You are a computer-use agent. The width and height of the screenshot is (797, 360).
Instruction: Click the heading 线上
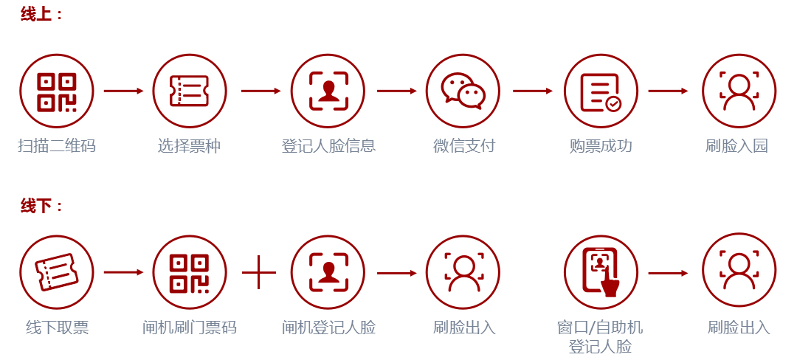click(36, 14)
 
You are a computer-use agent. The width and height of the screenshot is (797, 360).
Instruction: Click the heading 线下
click(36, 206)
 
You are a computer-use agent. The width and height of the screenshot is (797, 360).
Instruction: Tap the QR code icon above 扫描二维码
click(56, 91)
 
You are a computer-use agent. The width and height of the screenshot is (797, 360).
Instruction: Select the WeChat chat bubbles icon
click(463, 91)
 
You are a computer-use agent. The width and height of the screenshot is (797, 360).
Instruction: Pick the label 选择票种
click(189, 146)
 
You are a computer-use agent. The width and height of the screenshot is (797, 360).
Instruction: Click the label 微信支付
click(463, 146)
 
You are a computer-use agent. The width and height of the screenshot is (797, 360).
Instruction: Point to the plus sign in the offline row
click(259, 273)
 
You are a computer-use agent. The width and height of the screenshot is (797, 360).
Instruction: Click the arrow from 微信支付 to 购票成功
click(532, 91)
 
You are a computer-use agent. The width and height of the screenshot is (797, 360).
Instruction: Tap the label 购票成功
click(601, 146)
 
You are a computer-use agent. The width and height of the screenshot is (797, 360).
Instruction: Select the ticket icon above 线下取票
click(56, 272)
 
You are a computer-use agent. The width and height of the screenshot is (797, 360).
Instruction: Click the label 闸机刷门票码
click(190, 328)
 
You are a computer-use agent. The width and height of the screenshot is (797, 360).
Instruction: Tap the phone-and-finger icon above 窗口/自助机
click(601, 272)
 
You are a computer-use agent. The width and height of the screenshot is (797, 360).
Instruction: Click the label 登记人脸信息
click(328, 146)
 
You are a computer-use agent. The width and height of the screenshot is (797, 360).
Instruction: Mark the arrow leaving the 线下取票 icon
click(123, 273)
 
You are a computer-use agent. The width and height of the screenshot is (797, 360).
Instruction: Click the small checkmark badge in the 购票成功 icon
click(614, 104)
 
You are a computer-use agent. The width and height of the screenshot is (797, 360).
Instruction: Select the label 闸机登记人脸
click(328, 328)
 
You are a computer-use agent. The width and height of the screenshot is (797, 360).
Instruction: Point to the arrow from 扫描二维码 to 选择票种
click(123, 91)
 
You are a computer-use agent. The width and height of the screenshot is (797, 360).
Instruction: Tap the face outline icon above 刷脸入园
click(739, 91)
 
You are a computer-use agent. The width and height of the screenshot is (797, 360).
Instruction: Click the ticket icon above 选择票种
click(190, 91)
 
